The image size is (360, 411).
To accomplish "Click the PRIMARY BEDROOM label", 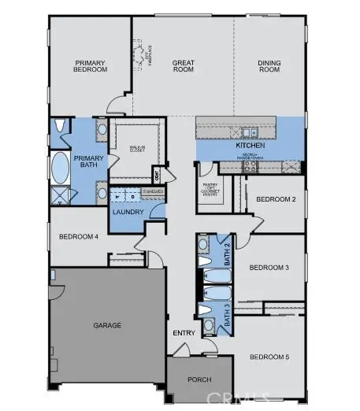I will (91, 66).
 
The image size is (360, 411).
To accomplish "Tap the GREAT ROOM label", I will (183, 66).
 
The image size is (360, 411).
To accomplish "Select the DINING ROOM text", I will (269, 66).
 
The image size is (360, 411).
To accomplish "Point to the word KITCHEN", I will (249, 146).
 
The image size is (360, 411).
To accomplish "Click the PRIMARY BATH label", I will (89, 162).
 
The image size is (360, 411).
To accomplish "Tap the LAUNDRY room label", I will (127, 212).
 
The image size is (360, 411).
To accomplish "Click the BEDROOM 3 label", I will (269, 268).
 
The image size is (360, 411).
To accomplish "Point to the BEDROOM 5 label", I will (269, 357).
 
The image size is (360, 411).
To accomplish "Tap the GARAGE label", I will (106, 324).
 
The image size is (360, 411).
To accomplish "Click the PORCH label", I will (199, 380).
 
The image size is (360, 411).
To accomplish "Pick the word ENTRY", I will (184, 333).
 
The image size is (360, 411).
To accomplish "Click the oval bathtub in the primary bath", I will (61, 168).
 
